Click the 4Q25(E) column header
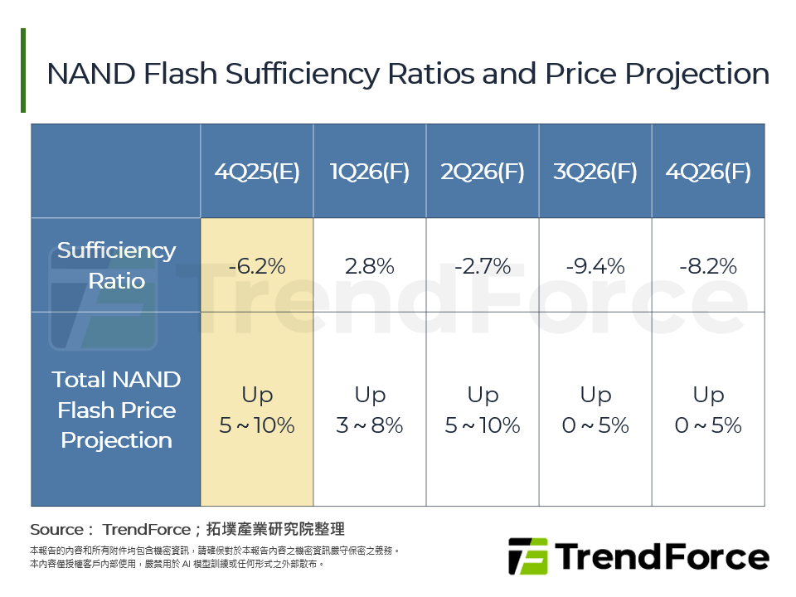coord(257,172)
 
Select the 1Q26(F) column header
coord(370,172)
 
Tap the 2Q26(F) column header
coord(483,172)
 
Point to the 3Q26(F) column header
coord(595,172)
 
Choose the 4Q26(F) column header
coord(708,172)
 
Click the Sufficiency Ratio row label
coord(116,265)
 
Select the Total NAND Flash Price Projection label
coord(116,410)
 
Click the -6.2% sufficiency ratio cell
coord(257,266)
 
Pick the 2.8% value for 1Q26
coord(370,266)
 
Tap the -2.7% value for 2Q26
coord(483,266)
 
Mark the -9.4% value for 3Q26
coord(595,266)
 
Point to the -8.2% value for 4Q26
coord(708,266)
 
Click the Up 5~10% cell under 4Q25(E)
coord(257,410)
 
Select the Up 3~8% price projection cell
coord(370,410)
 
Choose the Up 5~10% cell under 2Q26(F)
coord(483,410)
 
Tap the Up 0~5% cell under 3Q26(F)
coord(595,410)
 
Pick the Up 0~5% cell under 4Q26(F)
coord(708,410)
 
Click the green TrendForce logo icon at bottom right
coord(528,556)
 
